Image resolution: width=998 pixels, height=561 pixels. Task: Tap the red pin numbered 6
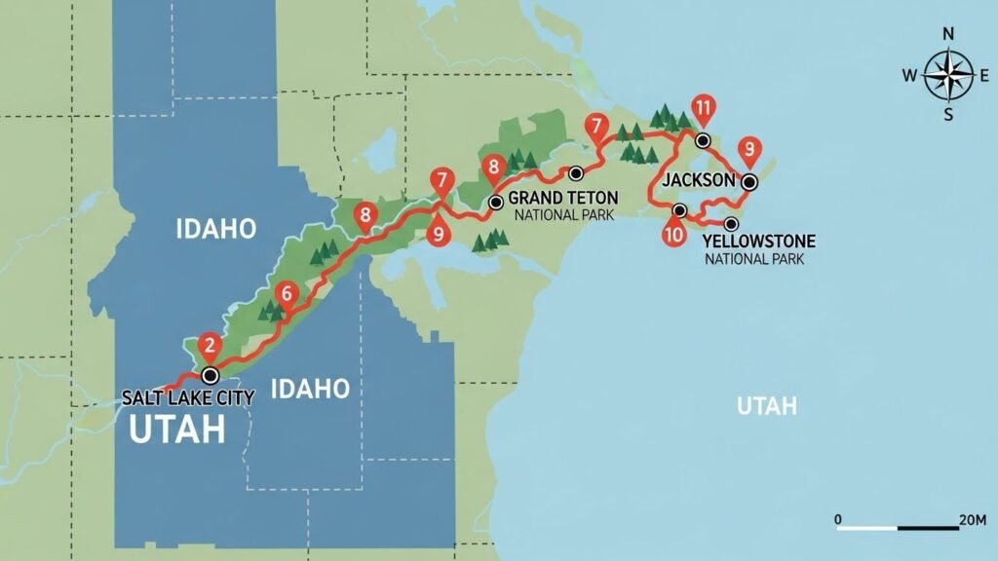286,292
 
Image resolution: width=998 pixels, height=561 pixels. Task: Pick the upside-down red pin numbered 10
672,235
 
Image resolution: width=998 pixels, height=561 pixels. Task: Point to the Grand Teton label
563,198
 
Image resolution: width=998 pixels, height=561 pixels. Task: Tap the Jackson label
697,181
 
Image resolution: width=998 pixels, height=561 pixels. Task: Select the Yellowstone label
758,241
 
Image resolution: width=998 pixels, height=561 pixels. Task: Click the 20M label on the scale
973,520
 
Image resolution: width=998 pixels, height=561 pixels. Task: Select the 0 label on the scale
838,520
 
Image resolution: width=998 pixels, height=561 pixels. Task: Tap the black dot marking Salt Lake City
209,375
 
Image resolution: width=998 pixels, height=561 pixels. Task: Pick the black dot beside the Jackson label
748,182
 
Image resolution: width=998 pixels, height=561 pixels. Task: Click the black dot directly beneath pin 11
702,140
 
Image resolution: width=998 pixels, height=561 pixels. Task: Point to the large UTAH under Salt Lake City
176,430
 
